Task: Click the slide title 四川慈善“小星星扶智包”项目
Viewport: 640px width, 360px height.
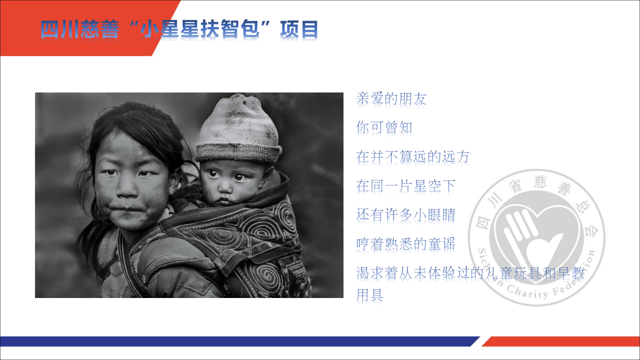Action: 179,29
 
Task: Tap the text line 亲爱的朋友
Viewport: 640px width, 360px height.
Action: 391,99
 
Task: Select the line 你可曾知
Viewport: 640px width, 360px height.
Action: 384,127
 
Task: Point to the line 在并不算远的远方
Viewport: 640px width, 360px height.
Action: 412,157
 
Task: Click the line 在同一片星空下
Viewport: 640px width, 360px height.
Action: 405,186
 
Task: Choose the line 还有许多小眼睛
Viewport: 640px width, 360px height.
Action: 405,215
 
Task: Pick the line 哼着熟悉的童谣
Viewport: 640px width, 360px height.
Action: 405,244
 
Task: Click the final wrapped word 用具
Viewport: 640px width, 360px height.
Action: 369,295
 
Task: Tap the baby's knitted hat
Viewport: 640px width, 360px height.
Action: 238,130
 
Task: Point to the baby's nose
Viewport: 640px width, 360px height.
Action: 225,187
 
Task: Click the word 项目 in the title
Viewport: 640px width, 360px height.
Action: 299,29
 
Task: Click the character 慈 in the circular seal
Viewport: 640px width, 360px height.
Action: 540,181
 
